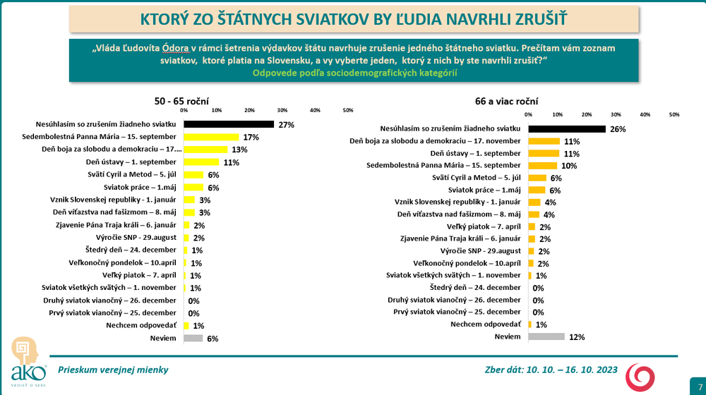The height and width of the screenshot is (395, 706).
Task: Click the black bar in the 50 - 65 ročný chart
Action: click(229, 124)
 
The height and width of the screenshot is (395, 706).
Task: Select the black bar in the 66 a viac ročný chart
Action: click(567, 129)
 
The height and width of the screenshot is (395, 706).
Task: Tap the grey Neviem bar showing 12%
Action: click(546, 337)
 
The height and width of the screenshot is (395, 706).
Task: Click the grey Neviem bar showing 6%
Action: click(193, 338)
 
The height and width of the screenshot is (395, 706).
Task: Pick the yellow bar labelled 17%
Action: click(212, 137)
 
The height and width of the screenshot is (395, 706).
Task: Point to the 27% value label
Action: click(286, 125)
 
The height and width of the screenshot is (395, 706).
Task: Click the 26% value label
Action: click(618, 129)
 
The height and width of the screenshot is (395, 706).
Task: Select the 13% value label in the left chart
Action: click(239, 150)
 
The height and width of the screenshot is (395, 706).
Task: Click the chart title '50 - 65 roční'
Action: click(181, 101)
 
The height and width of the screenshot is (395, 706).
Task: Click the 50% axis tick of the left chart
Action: click(347, 110)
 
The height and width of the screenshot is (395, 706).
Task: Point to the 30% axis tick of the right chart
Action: click(616, 114)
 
